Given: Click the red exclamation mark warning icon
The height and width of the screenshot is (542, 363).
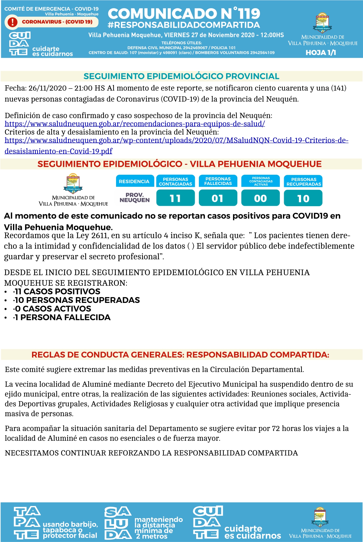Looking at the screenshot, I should pos(12,22).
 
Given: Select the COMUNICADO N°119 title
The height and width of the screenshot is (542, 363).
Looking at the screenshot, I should pos(184,14).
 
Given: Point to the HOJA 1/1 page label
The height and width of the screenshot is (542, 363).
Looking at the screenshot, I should pos(321,53).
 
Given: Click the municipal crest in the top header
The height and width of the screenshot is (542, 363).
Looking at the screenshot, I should pos(323,23).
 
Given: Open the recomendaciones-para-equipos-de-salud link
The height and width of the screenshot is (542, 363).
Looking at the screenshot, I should pos(135,124).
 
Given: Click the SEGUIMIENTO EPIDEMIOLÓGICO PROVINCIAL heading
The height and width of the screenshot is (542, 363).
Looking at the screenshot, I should pos(181,76).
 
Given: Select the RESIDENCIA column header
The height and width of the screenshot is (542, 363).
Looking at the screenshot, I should pos(134,181).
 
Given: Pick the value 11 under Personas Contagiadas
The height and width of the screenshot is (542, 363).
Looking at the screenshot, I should pos(175,198).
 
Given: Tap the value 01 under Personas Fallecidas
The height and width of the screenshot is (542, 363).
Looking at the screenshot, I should pos(218,198).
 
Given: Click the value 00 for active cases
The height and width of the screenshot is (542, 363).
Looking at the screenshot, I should pos(261,198).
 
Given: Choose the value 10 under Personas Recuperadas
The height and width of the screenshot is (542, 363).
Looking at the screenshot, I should pos(303,198).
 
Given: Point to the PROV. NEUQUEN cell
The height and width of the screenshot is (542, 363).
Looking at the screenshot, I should pos(135,198).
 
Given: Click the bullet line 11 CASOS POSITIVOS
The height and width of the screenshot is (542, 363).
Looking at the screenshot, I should pos(57,292).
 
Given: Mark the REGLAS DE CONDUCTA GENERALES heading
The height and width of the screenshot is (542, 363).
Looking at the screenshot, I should pos(180,355).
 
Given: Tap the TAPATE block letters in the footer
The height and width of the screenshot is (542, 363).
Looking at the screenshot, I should pos(27,523).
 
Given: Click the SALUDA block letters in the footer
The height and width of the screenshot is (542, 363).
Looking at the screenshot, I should pos(118,523).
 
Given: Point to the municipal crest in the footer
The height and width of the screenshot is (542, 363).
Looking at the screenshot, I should pos(320,517).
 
